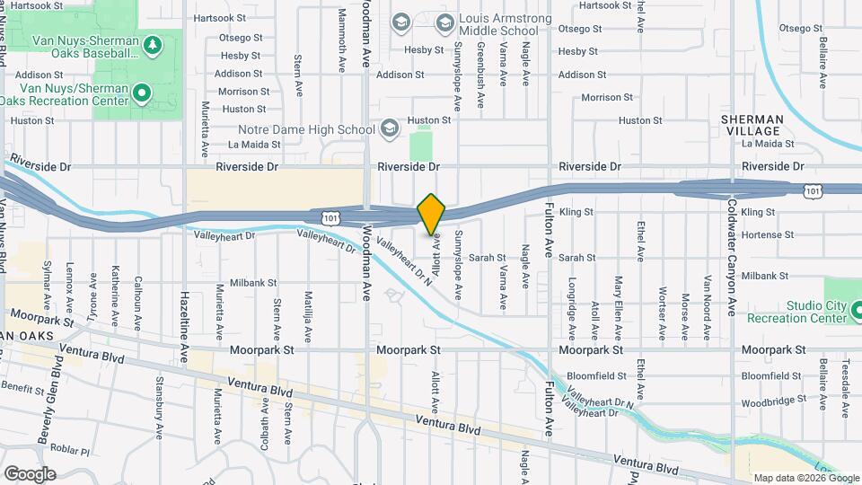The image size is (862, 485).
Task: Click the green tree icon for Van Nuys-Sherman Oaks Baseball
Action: (153, 44)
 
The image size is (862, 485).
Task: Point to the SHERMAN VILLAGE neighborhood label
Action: (752, 125)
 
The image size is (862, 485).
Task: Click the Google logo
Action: (30, 473)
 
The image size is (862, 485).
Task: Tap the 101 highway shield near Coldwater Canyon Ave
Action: (812, 190)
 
